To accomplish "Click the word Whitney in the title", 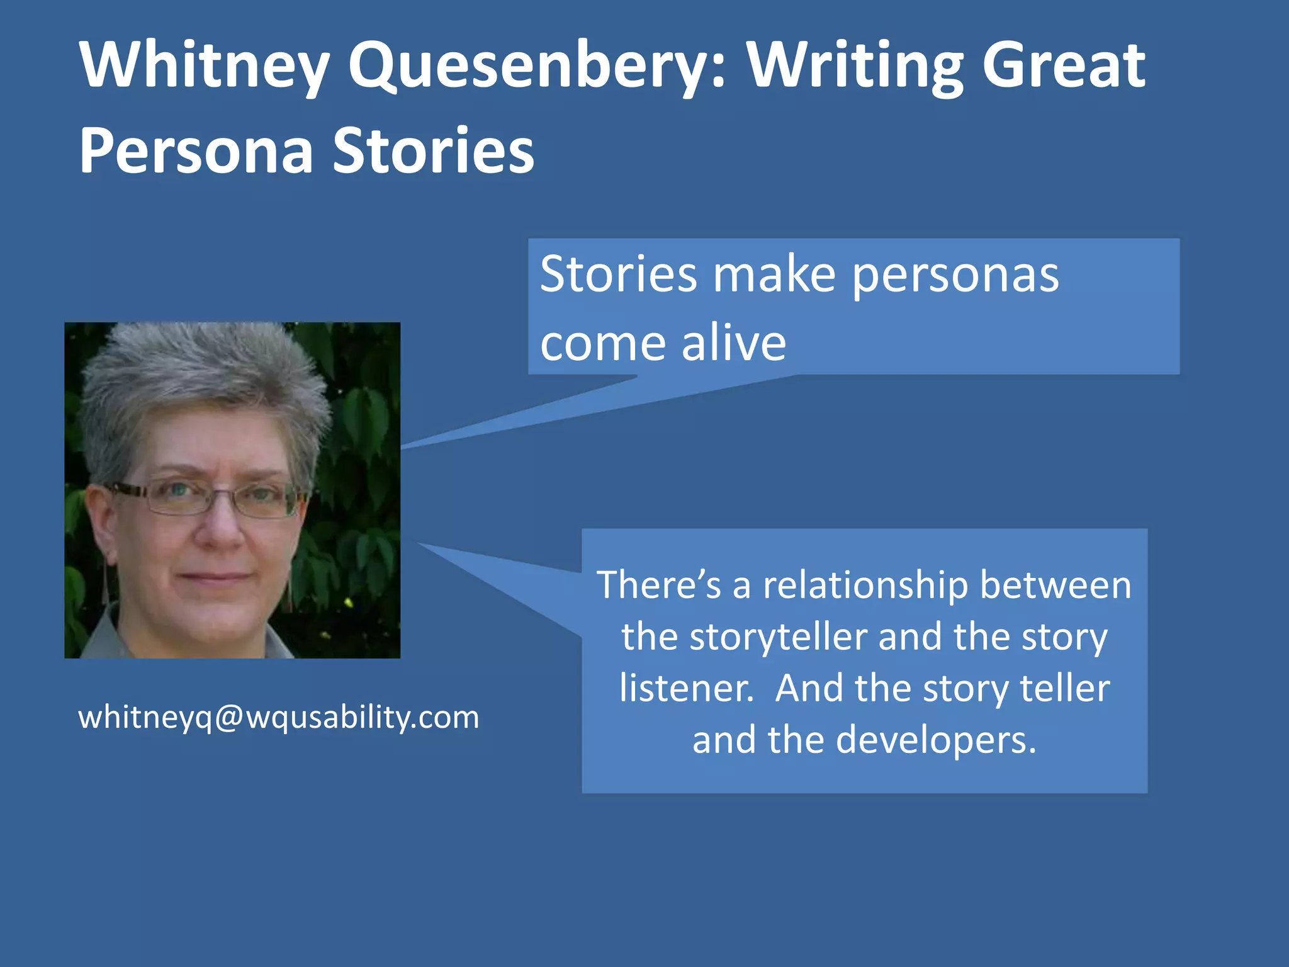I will [205, 65].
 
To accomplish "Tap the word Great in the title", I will [1063, 65].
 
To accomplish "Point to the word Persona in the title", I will [196, 151].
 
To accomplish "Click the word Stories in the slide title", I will [433, 151].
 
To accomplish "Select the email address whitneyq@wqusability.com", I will [278, 717].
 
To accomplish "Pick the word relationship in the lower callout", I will [865, 585].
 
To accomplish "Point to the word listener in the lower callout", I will [686, 688].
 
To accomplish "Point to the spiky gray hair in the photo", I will [201, 371].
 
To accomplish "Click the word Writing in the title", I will [855, 65].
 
